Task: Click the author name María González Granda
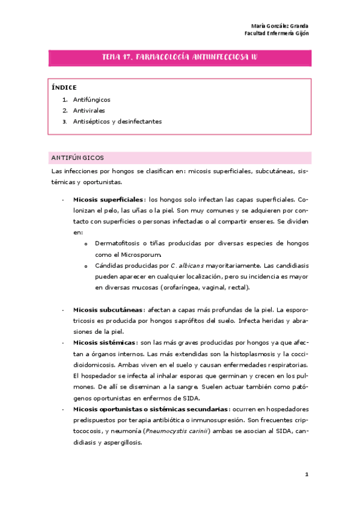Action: [280, 26]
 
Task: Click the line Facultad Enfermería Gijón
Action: [277, 34]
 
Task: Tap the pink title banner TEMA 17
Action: [180, 57]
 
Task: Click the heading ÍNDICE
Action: [64, 88]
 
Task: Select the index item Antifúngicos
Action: [91, 99]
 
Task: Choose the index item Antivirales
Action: [89, 110]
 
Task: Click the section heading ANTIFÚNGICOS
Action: [78, 158]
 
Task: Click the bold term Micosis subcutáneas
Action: [108, 309]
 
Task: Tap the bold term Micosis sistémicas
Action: [105, 342]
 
